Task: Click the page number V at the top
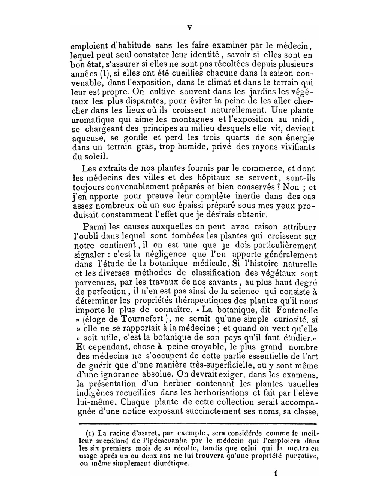click(189, 27)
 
